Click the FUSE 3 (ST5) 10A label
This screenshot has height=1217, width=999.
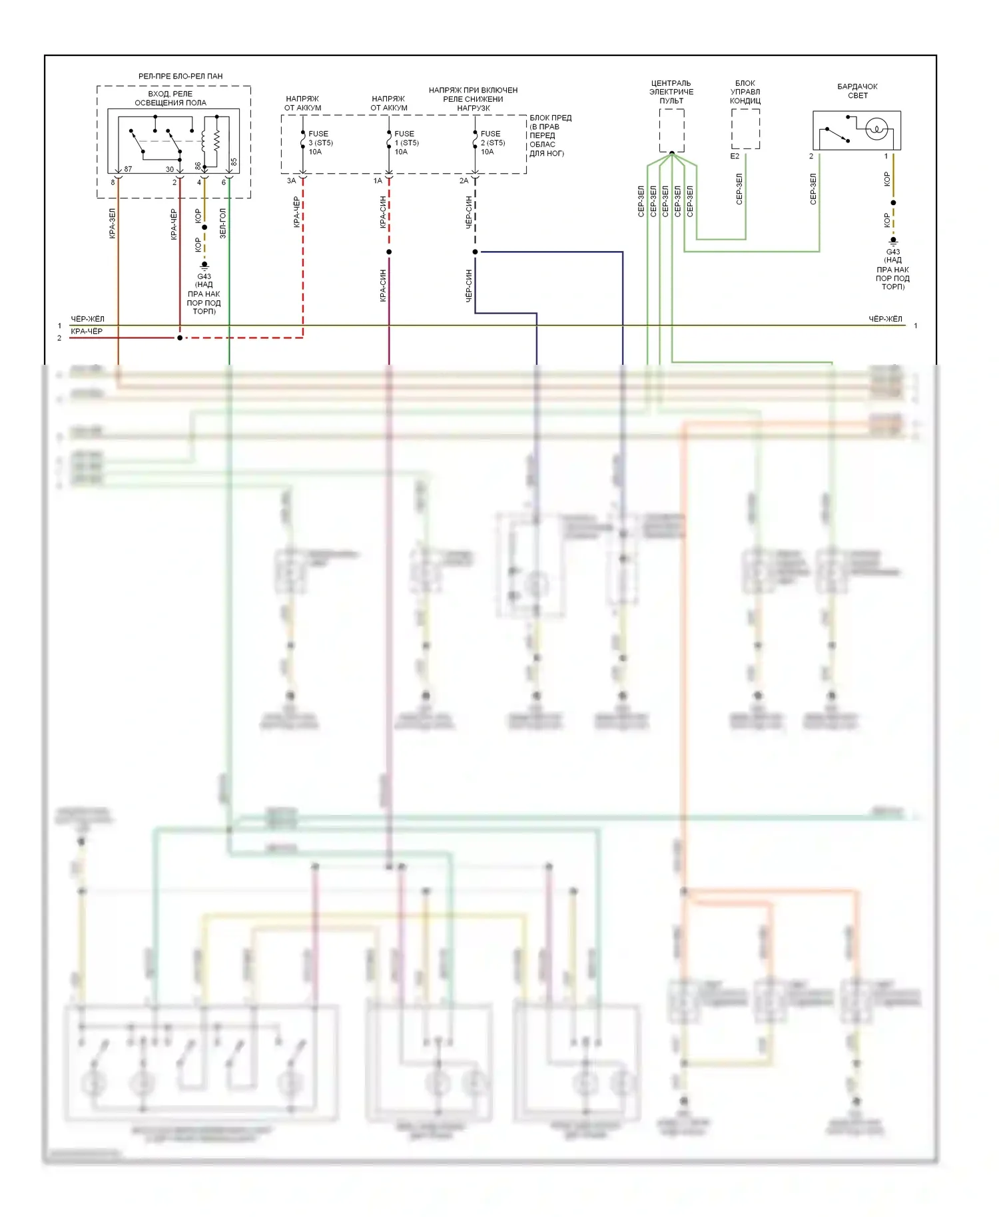pyautogui.click(x=320, y=142)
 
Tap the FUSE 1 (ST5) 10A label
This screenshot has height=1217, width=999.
pyautogui.click(x=406, y=142)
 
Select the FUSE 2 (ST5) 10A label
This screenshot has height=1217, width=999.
pyautogui.click(x=493, y=142)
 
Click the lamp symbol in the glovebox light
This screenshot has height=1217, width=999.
pyautogui.click(x=876, y=128)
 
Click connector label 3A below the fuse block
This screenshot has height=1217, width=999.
pyautogui.click(x=291, y=180)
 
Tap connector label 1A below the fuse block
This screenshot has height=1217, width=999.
pyautogui.click(x=378, y=180)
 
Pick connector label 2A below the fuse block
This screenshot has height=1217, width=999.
pyautogui.click(x=464, y=180)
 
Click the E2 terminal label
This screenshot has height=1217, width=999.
pyautogui.click(x=735, y=156)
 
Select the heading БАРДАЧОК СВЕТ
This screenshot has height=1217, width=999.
pyautogui.click(x=857, y=91)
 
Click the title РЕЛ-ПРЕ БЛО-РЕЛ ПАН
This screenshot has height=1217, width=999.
pyautogui.click(x=180, y=77)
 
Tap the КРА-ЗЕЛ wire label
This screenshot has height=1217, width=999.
pyautogui.click(x=112, y=224)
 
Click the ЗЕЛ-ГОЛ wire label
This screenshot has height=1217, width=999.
pyautogui.click(x=223, y=224)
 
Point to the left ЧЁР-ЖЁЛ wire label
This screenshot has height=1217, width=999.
pyautogui.click(x=87, y=319)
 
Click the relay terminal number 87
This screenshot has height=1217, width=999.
pyautogui.click(x=128, y=169)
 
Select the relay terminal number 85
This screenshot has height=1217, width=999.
pyautogui.click(x=234, y=162)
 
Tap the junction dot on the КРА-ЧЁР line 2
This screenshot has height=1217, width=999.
pyautogui.click(x=180, y=338)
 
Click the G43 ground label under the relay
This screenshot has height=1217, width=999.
pyautogui.click(x=204, y=276)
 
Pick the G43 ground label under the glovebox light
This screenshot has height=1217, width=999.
pyautogui.click(x=892, y=252)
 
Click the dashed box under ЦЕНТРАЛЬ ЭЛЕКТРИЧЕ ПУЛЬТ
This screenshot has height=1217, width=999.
pyautogui.click(x=671, y=130)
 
